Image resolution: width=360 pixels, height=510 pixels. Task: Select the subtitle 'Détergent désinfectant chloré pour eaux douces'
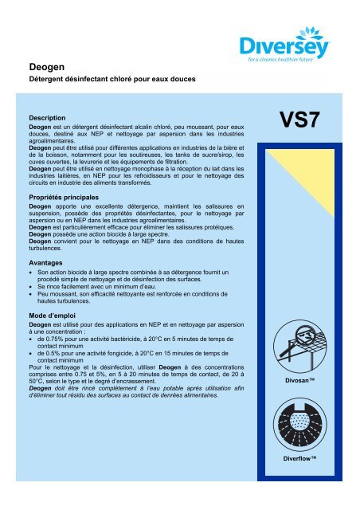pos(106,82)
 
